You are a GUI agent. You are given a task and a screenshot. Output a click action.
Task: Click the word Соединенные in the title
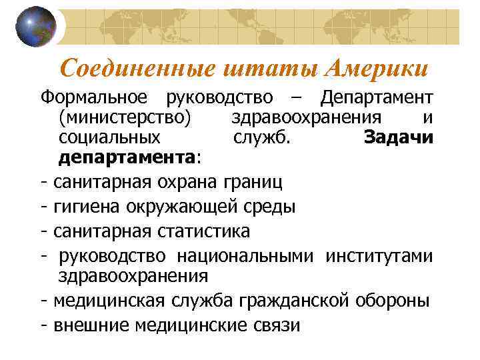136,68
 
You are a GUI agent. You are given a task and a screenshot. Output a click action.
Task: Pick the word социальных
109,138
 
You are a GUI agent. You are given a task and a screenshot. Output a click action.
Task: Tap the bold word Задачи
399,138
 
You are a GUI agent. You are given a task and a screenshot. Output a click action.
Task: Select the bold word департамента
127,159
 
